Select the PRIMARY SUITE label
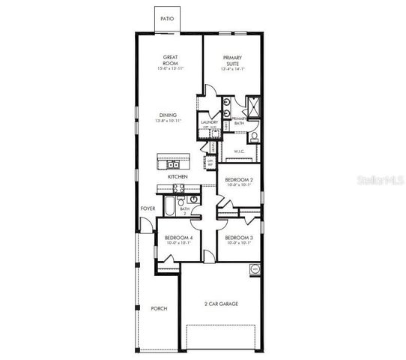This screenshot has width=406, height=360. point(234,60)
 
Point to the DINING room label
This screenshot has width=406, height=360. point(168,115)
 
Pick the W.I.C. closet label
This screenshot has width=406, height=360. point(240,151)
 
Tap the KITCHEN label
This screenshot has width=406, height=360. point(177,176)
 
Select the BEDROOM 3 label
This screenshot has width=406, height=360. point(240,239)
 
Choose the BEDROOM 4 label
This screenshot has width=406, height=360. point(179,239)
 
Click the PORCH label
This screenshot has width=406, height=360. point(159,308)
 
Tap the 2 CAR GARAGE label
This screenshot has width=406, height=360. point(221,304)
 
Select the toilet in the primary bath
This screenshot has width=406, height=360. point(252,136)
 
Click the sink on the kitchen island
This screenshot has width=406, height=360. point(173,163)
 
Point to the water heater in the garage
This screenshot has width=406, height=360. point(255,268)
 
